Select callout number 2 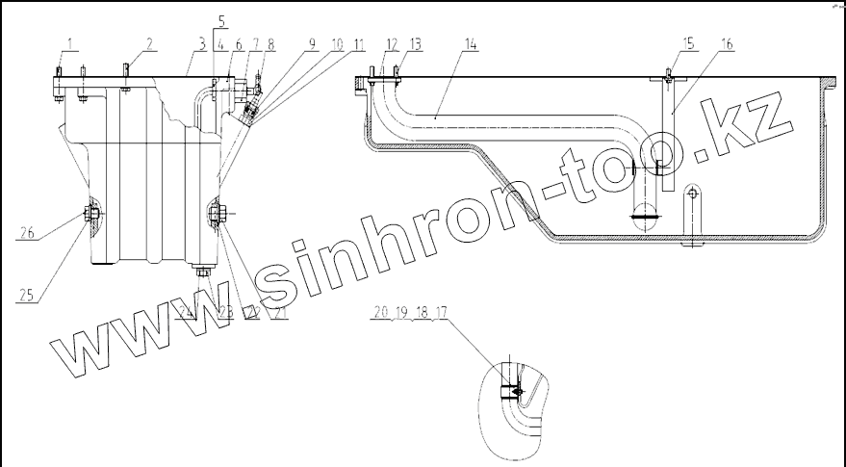pyautogui.click(x=149, y=42)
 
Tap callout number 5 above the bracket pyautogui.click(x=221, y=20)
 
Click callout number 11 pyautogui.click(x=357, y=42)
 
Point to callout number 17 pyautogui.click(x=441, y=311)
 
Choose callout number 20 pyautogui.click(x=382, y=311)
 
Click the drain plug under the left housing pyautogui.click(x=202, y=272)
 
